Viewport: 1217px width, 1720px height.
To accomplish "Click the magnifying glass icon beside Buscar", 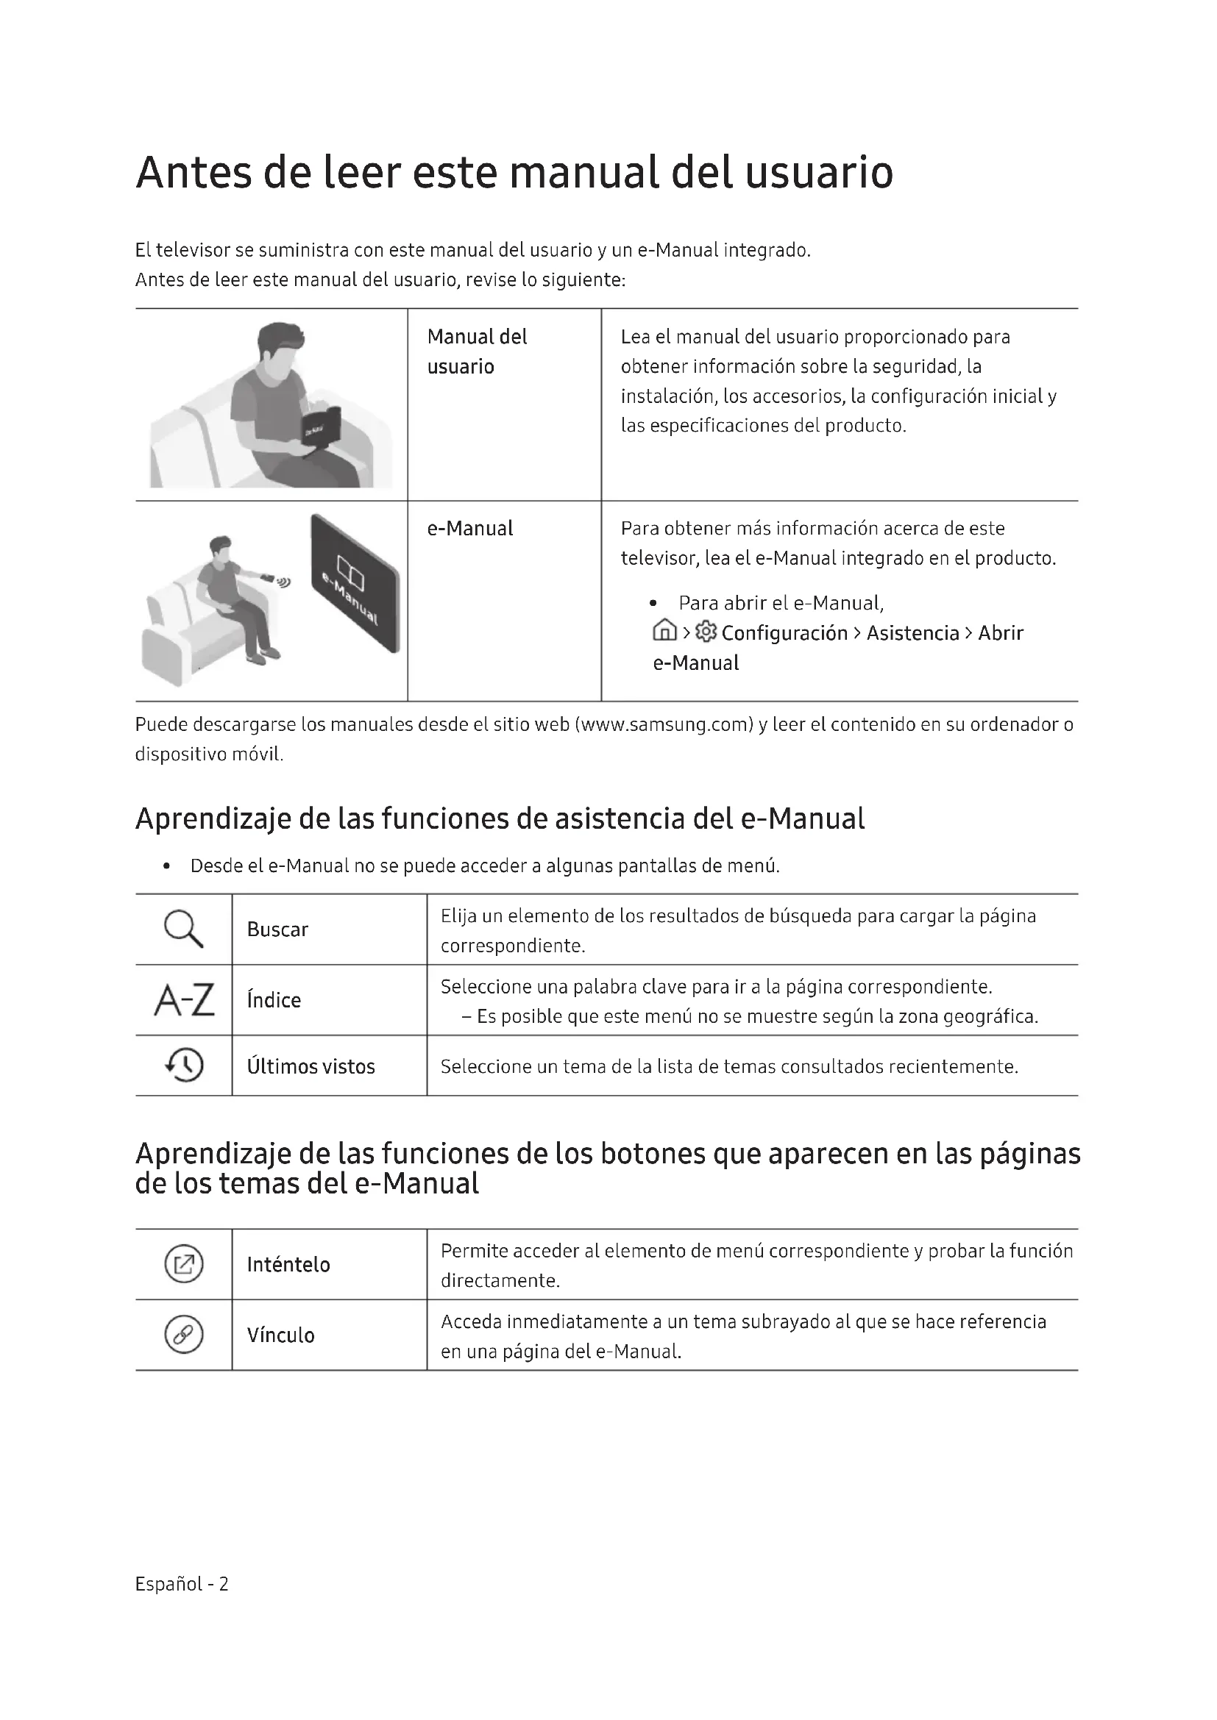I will click(184, 929).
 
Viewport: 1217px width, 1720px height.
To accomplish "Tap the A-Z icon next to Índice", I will click(185, 1000).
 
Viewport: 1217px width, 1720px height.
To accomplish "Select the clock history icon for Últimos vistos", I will click(185, 1065).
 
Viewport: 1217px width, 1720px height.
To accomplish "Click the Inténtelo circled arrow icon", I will click(184, 1264).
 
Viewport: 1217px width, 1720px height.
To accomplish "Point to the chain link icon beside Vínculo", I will click(184, 1334).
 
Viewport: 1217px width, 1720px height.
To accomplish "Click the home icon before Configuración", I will click(664, 632).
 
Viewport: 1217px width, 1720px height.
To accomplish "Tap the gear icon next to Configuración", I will click(706, 632).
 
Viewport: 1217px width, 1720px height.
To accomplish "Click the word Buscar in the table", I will click(277, 929).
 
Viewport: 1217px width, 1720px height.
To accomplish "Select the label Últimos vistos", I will click(311, 1066).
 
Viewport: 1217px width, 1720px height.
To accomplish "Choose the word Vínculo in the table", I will click(280, 1335).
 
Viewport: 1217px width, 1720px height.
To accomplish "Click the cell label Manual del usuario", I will click(477, 352).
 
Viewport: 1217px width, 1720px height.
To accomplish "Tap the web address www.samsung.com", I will click(664, 724).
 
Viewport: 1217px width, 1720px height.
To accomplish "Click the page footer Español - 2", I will click(181, 1584).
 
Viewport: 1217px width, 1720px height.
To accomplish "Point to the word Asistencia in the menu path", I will click(912, 633).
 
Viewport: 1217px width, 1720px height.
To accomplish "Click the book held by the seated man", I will click(321, 429).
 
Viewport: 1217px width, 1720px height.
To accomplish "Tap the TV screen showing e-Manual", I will click(355, 584).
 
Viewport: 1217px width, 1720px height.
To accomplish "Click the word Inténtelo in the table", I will click(288, 1265).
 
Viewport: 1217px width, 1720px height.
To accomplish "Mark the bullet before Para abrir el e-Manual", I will click(654, 603).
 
